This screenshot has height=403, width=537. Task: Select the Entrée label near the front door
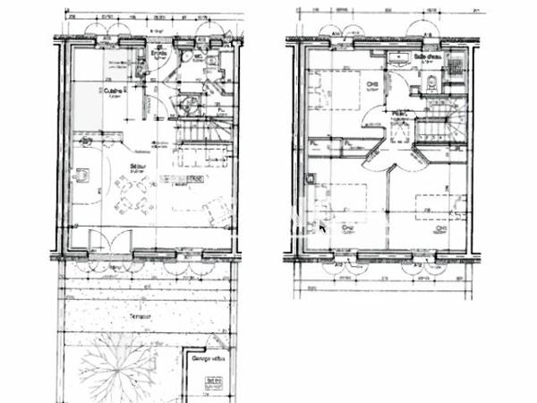[159, 54]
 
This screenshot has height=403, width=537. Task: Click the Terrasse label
[138, 316]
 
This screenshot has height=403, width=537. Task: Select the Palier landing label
[401, 114]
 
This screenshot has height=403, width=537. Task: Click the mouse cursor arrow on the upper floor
[323, 227]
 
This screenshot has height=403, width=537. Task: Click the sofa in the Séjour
[217, 211]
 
